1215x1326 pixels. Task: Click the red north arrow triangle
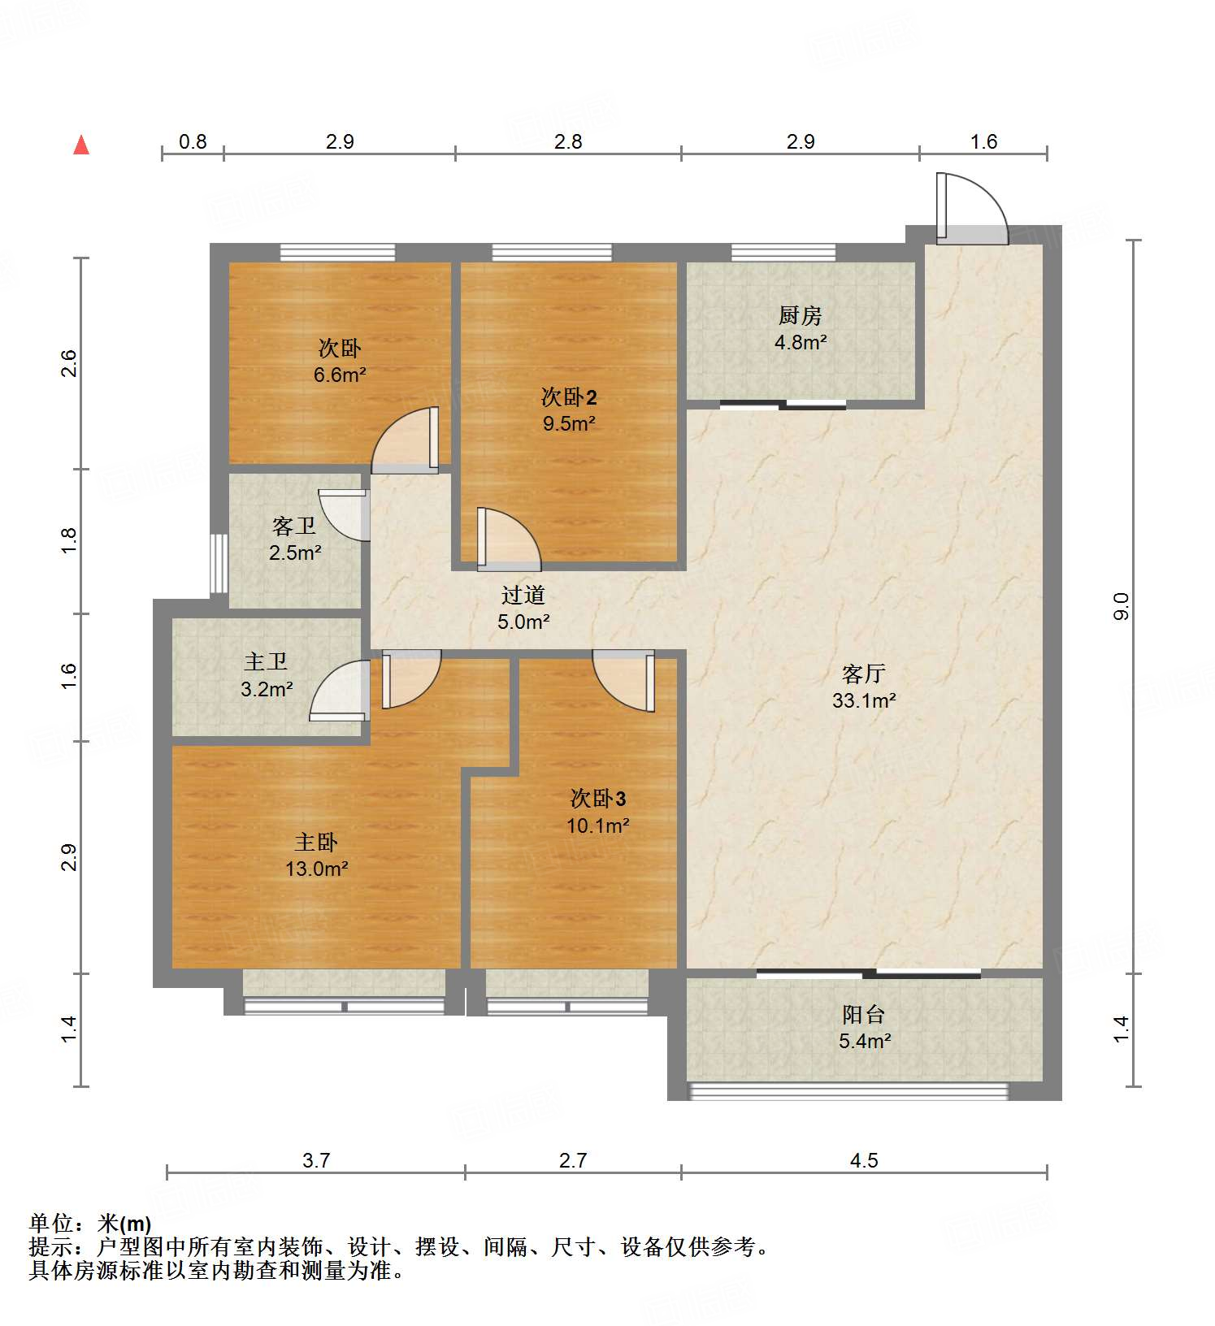coord(81,145)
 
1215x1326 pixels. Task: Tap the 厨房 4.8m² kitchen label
coord(801,328)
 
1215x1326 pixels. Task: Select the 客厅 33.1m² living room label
coord(863,687)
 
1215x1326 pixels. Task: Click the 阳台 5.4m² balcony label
coord(864,1027)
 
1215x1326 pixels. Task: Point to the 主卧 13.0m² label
coord(316,855)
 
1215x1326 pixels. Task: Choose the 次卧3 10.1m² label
coord(597,812)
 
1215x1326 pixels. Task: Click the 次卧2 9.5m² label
coord(569,409)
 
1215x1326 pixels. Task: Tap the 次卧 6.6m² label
coord(340,362)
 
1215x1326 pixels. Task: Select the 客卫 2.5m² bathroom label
coord(294,539)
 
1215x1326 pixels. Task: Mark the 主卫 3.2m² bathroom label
coord(267,675)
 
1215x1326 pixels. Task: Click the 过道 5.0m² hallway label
coord(523,608)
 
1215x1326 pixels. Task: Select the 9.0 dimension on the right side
coord(1121,606)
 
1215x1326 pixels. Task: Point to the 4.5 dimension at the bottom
coord(864,1160)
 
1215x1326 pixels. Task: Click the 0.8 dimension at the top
coord(193,142)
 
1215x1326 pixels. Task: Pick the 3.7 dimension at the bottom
coord(316,1160)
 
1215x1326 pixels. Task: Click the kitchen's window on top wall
coord(783,252)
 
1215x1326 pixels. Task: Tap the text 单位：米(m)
coord(90,1223)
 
